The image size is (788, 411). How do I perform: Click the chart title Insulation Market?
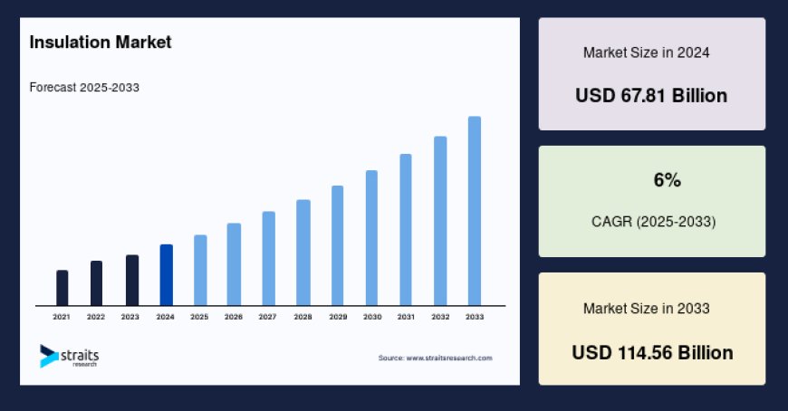100,43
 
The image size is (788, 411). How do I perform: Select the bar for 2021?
62,288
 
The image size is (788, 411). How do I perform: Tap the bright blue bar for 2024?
166,275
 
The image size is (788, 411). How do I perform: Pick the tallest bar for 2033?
474,211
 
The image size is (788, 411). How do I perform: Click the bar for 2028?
303,253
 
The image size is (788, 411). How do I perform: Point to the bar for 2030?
371,238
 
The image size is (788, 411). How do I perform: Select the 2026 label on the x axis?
234,317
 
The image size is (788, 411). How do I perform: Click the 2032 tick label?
440,317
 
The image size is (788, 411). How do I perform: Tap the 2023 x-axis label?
130,317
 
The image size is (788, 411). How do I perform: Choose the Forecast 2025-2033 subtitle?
84,88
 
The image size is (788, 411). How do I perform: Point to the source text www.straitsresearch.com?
436,358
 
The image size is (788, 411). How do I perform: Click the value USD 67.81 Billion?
651,95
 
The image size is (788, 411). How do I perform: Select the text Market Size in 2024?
646,53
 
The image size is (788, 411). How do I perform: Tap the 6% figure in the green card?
667,180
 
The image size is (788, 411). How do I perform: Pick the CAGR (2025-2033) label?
652,221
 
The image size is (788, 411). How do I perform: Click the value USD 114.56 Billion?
652,352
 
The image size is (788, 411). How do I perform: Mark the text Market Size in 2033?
646,309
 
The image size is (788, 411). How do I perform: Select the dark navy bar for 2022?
96,283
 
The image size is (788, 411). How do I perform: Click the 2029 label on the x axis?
337,317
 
